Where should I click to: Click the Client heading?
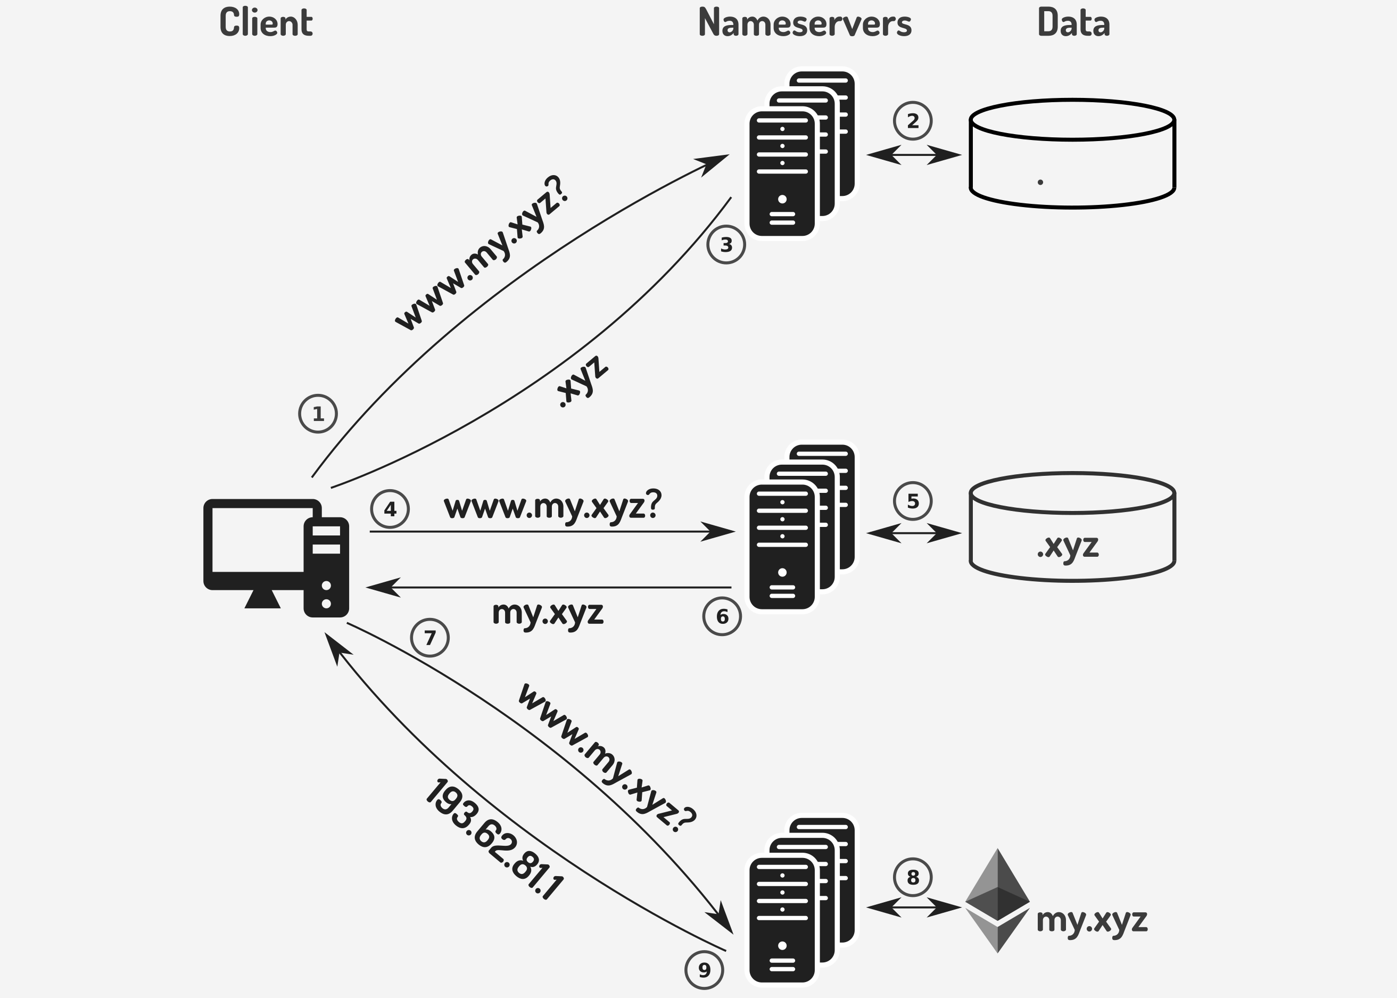[x=266, y=23]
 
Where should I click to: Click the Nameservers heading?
[x=805, y=23]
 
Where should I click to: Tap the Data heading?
[x=1073, y=23]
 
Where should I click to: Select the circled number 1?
[x=318, y=414]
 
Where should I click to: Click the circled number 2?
[x=912, y=120]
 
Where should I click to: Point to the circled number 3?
[x=726, y=245]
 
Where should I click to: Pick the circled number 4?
[x=390, y=509]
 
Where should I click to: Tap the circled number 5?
[x=912, y=501]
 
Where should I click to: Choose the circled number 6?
[x=722, y=616]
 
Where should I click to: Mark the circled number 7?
[x=429, y=638]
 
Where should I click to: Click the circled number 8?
[x=912, y=878]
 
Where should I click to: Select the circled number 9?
[x=704, y=970]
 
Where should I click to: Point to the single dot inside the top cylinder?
[x=1040, y=182]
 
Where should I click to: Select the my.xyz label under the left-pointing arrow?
[x=548, y=613]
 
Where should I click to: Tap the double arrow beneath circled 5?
[x=914, y=533]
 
